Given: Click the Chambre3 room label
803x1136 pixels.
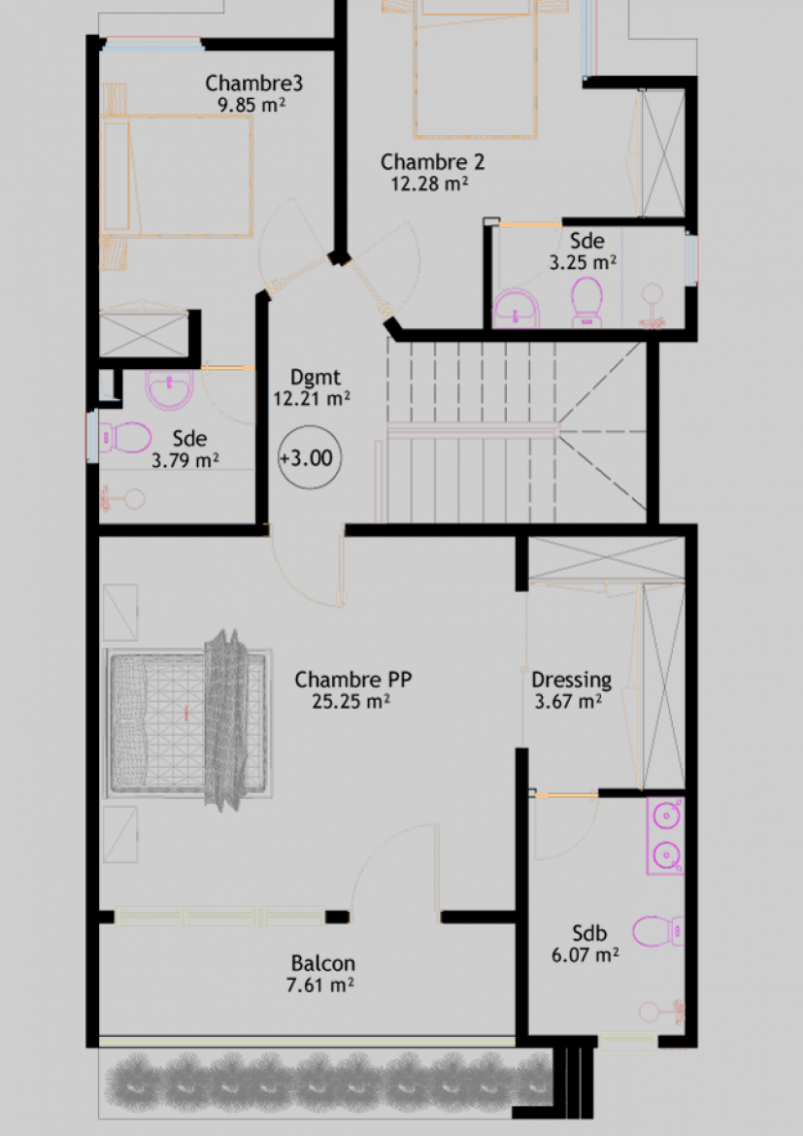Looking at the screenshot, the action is click(253, 84).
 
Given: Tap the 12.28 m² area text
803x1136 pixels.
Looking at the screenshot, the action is click(429, 184).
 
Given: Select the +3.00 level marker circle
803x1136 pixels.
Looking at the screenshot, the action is click(310, 458).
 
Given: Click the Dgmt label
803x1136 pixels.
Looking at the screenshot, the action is click(315, 378).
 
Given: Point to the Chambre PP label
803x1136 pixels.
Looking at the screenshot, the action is click(352, 680).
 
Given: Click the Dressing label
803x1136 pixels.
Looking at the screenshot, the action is click(571, 681).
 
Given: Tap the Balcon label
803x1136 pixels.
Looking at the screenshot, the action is click(322, 963).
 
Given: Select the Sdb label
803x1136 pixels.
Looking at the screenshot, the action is click(589, 933).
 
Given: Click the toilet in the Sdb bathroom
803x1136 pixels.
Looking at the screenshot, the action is click(657, 932).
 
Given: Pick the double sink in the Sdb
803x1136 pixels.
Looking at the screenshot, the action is click(665, 836).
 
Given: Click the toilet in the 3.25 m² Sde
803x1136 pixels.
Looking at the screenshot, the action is click(587, 302).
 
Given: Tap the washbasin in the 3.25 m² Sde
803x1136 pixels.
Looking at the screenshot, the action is click(516, 309).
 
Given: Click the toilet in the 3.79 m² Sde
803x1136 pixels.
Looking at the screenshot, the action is click(124, 438).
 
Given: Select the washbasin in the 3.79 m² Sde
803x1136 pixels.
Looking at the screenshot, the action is click(170, 389).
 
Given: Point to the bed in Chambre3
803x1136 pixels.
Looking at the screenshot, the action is click(177, 176).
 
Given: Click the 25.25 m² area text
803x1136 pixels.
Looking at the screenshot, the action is click(351, 701).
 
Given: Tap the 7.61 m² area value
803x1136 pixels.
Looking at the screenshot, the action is click(319, 986).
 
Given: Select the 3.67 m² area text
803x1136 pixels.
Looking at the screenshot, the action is click(568, 701).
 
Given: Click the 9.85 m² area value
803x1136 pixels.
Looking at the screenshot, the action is click(251, 105).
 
